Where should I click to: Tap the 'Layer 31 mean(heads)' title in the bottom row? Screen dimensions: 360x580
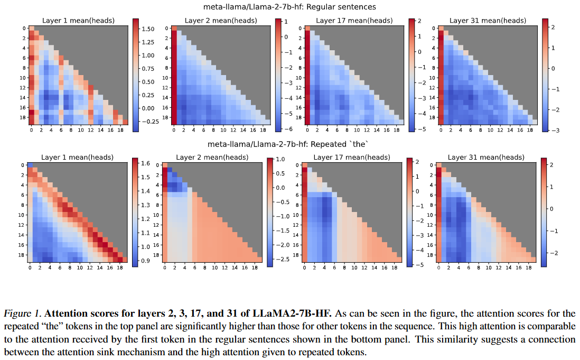[x=486, y=157]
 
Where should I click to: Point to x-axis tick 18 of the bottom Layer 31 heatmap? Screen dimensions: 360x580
[x=529, y=269]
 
